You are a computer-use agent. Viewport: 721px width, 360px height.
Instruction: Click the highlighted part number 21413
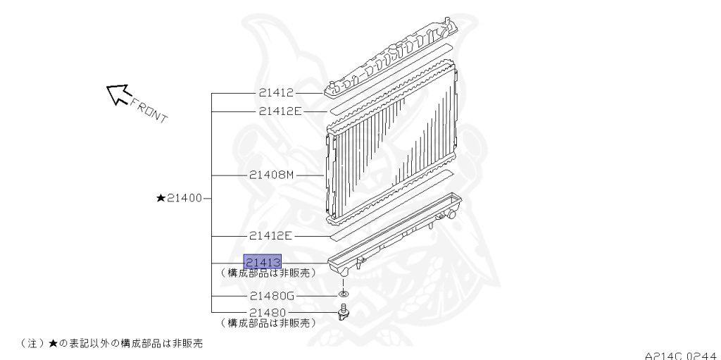[263, 261]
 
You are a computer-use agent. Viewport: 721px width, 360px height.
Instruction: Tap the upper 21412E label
[280, 111]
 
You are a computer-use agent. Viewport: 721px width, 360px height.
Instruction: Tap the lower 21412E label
[270, 236]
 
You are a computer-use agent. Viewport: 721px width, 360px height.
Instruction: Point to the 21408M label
[271, 175]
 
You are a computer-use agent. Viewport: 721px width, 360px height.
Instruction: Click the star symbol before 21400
[161, 199]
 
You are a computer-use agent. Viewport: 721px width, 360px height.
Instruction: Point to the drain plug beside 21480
[344, 311]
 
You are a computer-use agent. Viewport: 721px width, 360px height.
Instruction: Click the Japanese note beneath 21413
[268, 273]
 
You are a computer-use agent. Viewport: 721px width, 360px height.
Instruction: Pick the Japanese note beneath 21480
[268, 323]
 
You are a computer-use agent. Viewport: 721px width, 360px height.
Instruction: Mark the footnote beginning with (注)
[106, 342]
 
